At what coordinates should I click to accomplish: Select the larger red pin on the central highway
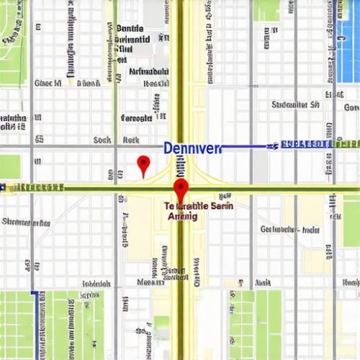[x=180, y=191]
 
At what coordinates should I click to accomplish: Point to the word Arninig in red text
[x=184, y=215]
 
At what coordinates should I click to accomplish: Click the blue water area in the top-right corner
[x=348, y=29]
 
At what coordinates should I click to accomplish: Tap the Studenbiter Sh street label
[x=296, y=105]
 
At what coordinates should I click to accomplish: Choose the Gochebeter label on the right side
[x=290, y=230]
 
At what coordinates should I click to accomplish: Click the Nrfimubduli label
[x=149, y=72]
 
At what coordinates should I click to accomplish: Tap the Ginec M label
[x=48, y=84]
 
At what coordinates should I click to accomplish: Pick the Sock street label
[x=102, y=140]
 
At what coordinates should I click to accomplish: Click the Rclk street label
[x=131, y=140]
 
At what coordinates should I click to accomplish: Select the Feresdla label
[x=137, y=117]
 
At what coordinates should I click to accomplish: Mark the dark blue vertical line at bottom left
[x=32, y=324]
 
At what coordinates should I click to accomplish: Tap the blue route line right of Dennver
[x=245, y=146]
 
